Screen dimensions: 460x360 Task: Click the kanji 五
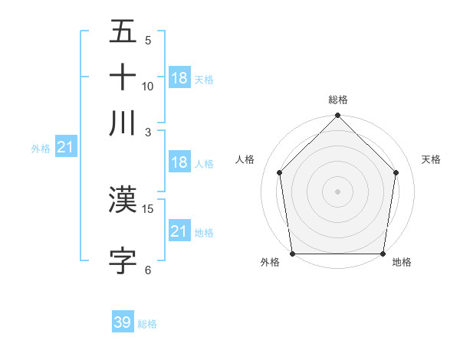(x=123, y=34)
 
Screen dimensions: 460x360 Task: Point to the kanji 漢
(x=123, y=199)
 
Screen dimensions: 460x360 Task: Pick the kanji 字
(x=123, y=260)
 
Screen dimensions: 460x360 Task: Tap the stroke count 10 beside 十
(x=148, y=86)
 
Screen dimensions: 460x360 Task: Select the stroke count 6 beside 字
(x=148, y=270)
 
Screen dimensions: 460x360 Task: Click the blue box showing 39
(x=123, y=322)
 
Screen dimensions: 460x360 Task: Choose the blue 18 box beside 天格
(x=179, y=78)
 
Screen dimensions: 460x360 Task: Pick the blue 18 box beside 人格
(x=179, y=162)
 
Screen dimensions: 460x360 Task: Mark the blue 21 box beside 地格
(x=179, y=231)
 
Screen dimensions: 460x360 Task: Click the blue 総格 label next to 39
(x=147, y=324)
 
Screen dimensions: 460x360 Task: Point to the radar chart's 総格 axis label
(x=338, y=100)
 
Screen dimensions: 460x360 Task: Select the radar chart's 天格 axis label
(x=432, y=159)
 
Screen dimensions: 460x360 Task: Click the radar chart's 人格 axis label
(x=245, y=159)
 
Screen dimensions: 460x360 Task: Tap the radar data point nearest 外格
(x=292, y=254)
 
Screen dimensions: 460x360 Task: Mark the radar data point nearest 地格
(x=383, y=254)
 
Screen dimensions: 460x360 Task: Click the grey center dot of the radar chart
(x=337, y=191)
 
